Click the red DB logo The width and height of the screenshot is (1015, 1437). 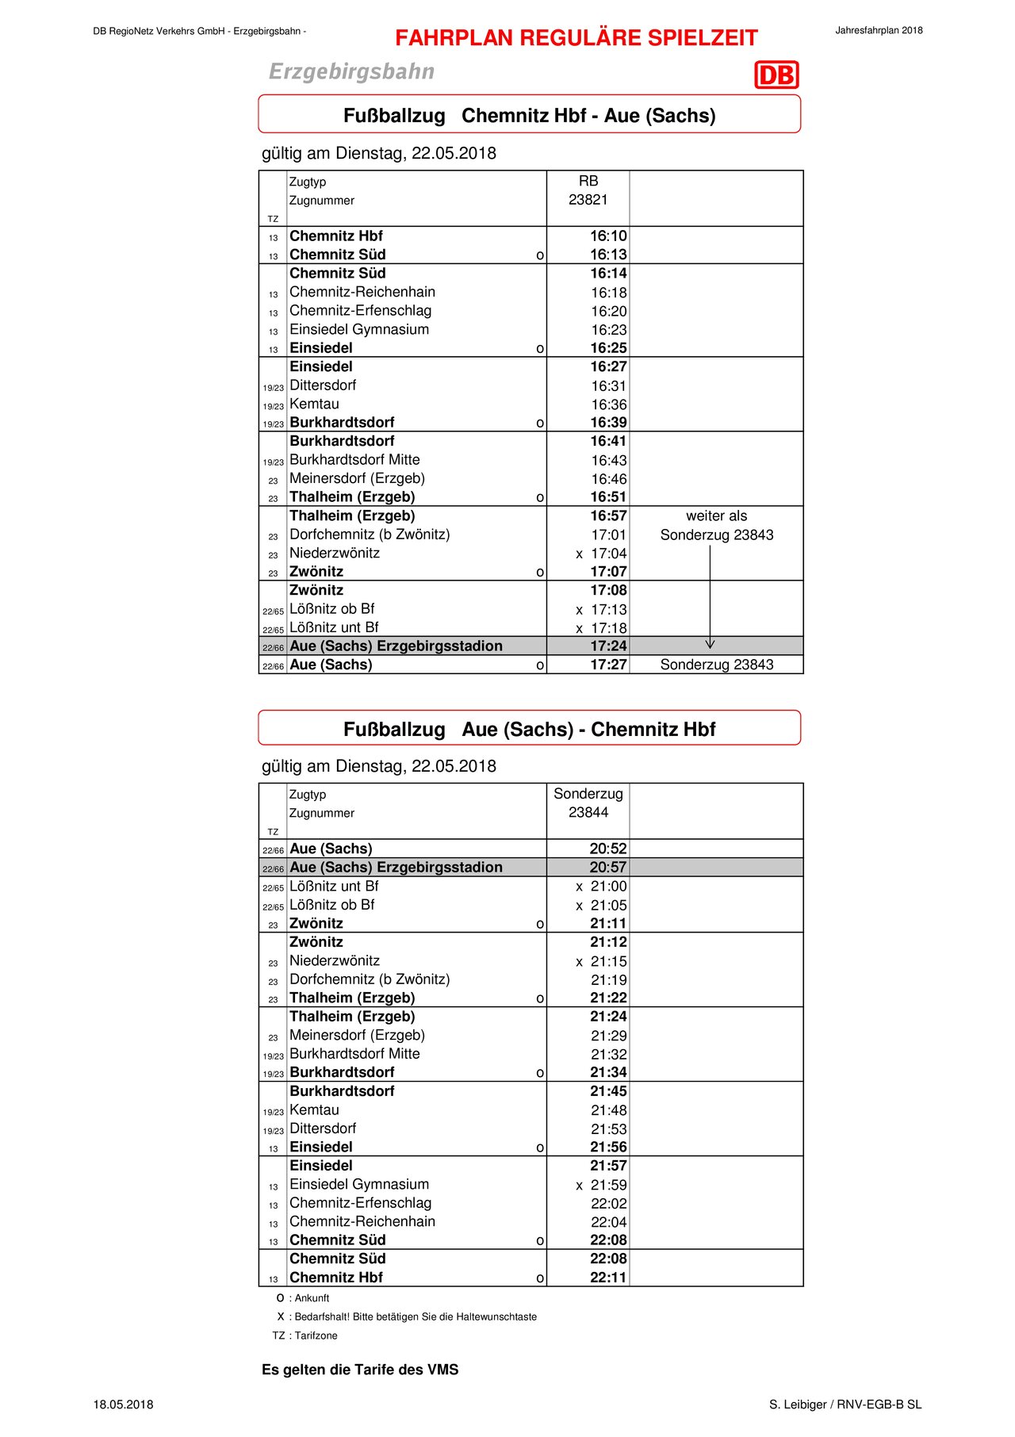point(776,75)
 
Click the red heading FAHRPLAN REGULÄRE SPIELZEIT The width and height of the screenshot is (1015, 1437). point(576,38)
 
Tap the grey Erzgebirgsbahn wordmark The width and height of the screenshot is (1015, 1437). point(351,72)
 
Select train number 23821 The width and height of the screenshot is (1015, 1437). point(588,200)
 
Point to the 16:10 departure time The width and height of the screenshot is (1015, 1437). point(608,236)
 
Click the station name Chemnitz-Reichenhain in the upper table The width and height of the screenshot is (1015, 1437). point(362,292)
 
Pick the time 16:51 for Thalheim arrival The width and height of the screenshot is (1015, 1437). point(608,497)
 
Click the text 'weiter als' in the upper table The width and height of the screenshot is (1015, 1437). point(716,516)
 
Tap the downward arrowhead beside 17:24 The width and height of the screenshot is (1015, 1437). point(710,644)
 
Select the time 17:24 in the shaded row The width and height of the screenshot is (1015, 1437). point(608,646)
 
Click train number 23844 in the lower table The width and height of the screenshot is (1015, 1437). point(588,813)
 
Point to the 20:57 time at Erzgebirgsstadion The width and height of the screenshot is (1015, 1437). point(607,868)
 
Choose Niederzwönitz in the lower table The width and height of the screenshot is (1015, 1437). point(334,961)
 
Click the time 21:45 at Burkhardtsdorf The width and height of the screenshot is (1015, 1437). point(608,1091)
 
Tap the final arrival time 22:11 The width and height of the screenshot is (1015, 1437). point(608,1278)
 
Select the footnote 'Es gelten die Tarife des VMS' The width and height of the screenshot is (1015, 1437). point(360,1370)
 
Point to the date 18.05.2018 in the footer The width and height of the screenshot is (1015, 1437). point(123,1404)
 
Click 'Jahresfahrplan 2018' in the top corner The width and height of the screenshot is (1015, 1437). point(879,31)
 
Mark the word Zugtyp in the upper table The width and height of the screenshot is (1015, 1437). point(307,182)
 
